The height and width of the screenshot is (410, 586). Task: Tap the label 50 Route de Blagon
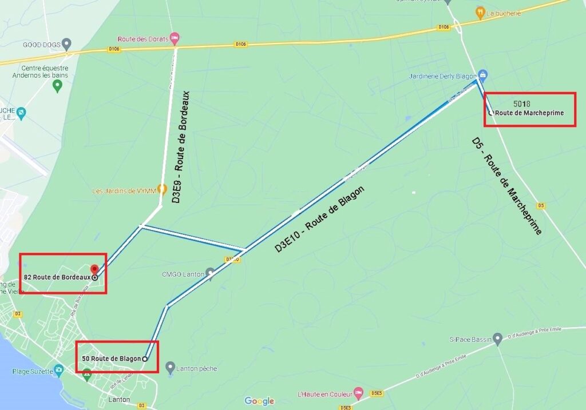tap(111, 359)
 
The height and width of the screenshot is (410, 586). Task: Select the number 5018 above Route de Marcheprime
tap(522, 104)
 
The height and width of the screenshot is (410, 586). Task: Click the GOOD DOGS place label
tap(41, 44)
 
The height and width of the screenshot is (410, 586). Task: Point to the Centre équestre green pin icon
tap(57, 86)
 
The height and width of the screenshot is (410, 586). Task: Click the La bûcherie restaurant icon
tap(480, 11)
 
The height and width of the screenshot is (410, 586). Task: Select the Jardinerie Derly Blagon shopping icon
tap(483, 74)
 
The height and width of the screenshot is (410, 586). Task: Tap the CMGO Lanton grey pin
tap(211, 274)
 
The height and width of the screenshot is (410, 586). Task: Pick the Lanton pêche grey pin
tap(169, 367)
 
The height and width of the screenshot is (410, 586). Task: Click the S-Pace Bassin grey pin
tap(497, 339)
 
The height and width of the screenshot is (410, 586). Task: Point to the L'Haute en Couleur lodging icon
tap(358, 393)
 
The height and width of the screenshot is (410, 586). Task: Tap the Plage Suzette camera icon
tap(58, 369)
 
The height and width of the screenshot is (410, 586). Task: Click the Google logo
tap(259, 401)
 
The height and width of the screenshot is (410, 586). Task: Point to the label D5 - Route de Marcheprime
tap(507, 185)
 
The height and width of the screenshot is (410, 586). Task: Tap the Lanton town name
tap(119, 400)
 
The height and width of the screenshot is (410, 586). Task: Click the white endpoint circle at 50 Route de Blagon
tap(145, 359)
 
